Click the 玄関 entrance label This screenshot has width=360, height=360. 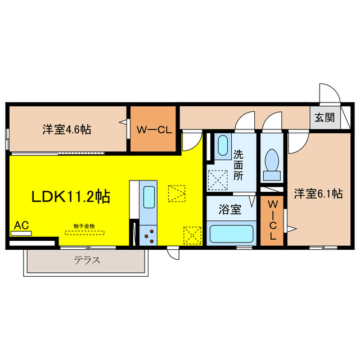point(325,118)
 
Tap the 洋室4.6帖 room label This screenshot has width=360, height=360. point(67,129)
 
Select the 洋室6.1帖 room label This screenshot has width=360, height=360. point(319,193)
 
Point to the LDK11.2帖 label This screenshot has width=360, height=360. point(71,196)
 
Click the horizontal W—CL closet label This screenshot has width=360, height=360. point(154,130)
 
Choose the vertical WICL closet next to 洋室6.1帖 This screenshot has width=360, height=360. point(272,220)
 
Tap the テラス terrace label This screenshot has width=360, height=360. point(87,260)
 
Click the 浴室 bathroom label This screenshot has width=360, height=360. point(230,209)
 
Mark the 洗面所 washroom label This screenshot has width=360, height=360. point(238,165)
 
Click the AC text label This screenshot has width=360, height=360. point(21,225)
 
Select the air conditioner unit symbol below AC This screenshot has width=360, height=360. point(21,234)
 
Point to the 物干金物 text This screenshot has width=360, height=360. point(84,226)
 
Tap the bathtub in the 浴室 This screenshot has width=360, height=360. point(231,234)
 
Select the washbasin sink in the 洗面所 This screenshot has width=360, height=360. point(223,146)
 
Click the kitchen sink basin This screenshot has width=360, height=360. point(149,197)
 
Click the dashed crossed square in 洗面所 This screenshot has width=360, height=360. point(218,180)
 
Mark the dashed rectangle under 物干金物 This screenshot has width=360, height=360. point(84,233)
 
